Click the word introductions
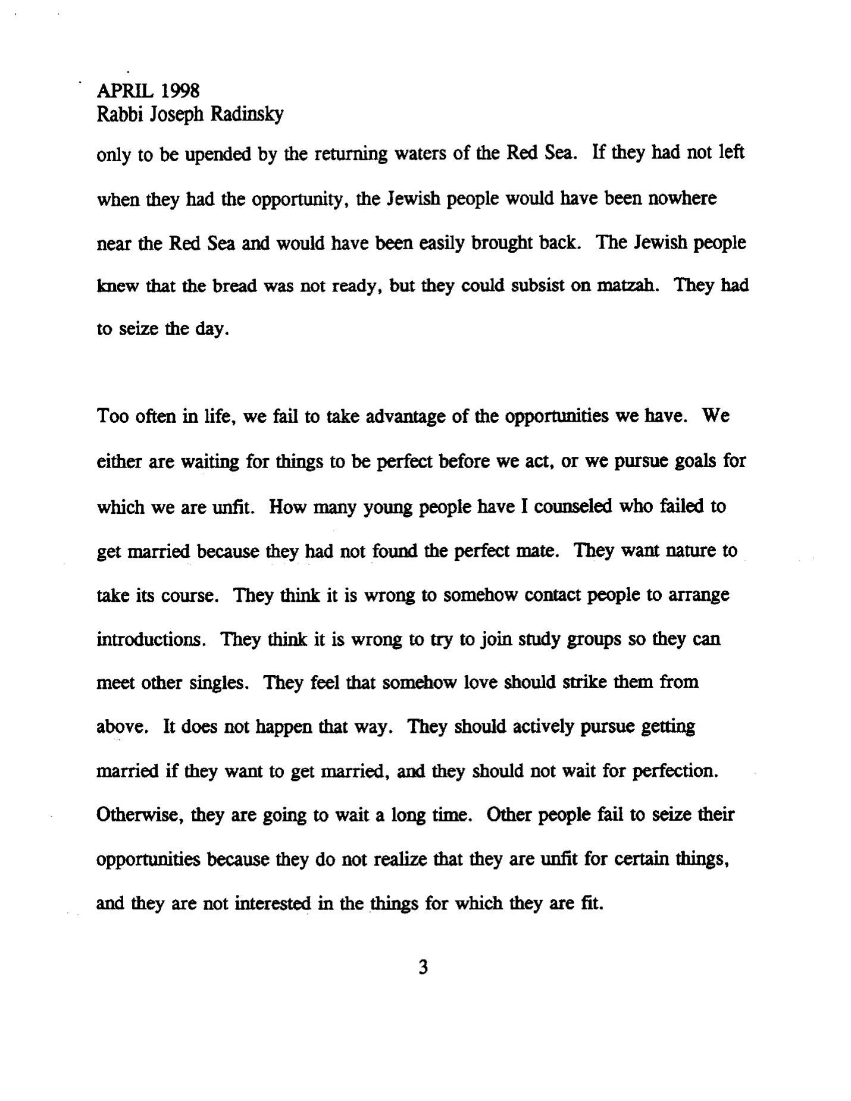tap(152, 639)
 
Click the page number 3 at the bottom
tap(423, 967)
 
